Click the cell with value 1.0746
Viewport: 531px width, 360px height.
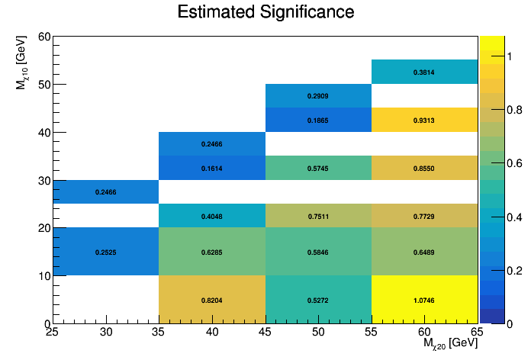(424, 300)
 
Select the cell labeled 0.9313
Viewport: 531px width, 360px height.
(424, 121)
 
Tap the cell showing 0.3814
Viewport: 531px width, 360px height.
(424, 72)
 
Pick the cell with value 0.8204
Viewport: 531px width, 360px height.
(211, 300)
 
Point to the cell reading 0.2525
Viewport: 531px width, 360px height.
(105, 252)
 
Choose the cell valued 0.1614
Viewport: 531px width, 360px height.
(211, 168)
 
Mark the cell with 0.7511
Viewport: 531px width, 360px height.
(318, 216)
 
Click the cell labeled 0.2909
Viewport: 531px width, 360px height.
(318, 96)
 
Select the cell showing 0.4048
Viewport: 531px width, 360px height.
(211, 216)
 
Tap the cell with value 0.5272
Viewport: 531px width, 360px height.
(318, 300)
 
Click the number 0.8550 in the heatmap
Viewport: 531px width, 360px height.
(424, 168)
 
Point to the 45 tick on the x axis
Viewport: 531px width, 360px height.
(265, 332)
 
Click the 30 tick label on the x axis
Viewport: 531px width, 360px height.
(105, 332)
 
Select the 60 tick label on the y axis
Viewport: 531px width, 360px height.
(44, 37)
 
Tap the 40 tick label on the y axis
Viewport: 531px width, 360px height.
(44, 133)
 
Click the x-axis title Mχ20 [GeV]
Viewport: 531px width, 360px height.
(450, 345)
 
